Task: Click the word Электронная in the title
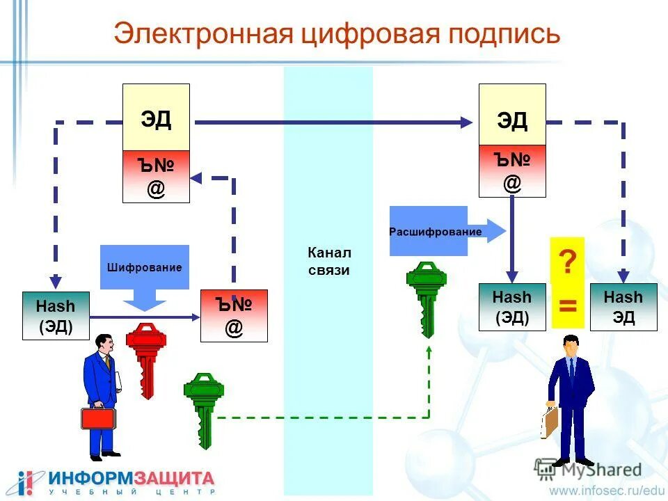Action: [202, 34]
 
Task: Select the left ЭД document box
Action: [156, 118]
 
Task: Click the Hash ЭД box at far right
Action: [623, 307]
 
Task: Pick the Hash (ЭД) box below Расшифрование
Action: [512, 307]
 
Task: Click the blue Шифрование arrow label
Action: [145, 267]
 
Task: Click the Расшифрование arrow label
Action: [436, 232]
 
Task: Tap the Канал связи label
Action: [329, 261]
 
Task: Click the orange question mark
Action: [568, 263]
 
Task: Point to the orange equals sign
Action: [568, 305]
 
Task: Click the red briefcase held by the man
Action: [98, 418]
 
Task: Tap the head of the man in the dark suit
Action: [571, 345]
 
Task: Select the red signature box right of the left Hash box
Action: [234, 316]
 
